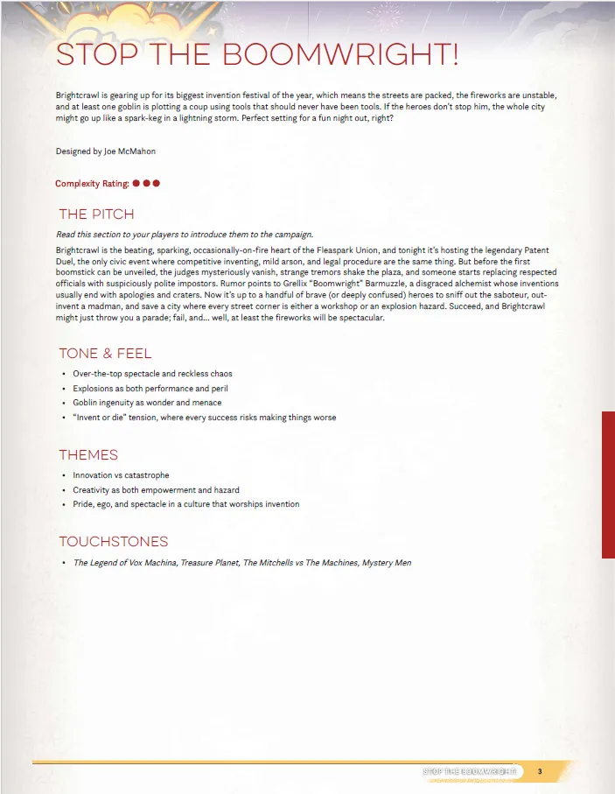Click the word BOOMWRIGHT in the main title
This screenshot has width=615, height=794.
click(341, 54)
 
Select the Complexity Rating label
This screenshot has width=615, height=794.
click(92, 184)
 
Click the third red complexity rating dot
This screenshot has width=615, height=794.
click(157, 184)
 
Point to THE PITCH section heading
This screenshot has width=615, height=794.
click(96, 214)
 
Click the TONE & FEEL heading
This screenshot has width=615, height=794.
click(105, 354)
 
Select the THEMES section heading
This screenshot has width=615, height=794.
click(88, 455)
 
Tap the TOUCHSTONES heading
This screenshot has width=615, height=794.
click(113, 542)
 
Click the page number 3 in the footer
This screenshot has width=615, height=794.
click(540, 771)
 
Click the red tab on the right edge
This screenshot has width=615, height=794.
click(608, 484)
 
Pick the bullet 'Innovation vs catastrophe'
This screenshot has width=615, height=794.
click(121, 475)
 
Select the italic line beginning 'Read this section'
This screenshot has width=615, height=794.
click(184, 235)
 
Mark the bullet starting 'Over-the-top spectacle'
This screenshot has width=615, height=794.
click(152, 374)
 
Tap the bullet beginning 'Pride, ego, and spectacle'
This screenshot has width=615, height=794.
click(185, 504)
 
